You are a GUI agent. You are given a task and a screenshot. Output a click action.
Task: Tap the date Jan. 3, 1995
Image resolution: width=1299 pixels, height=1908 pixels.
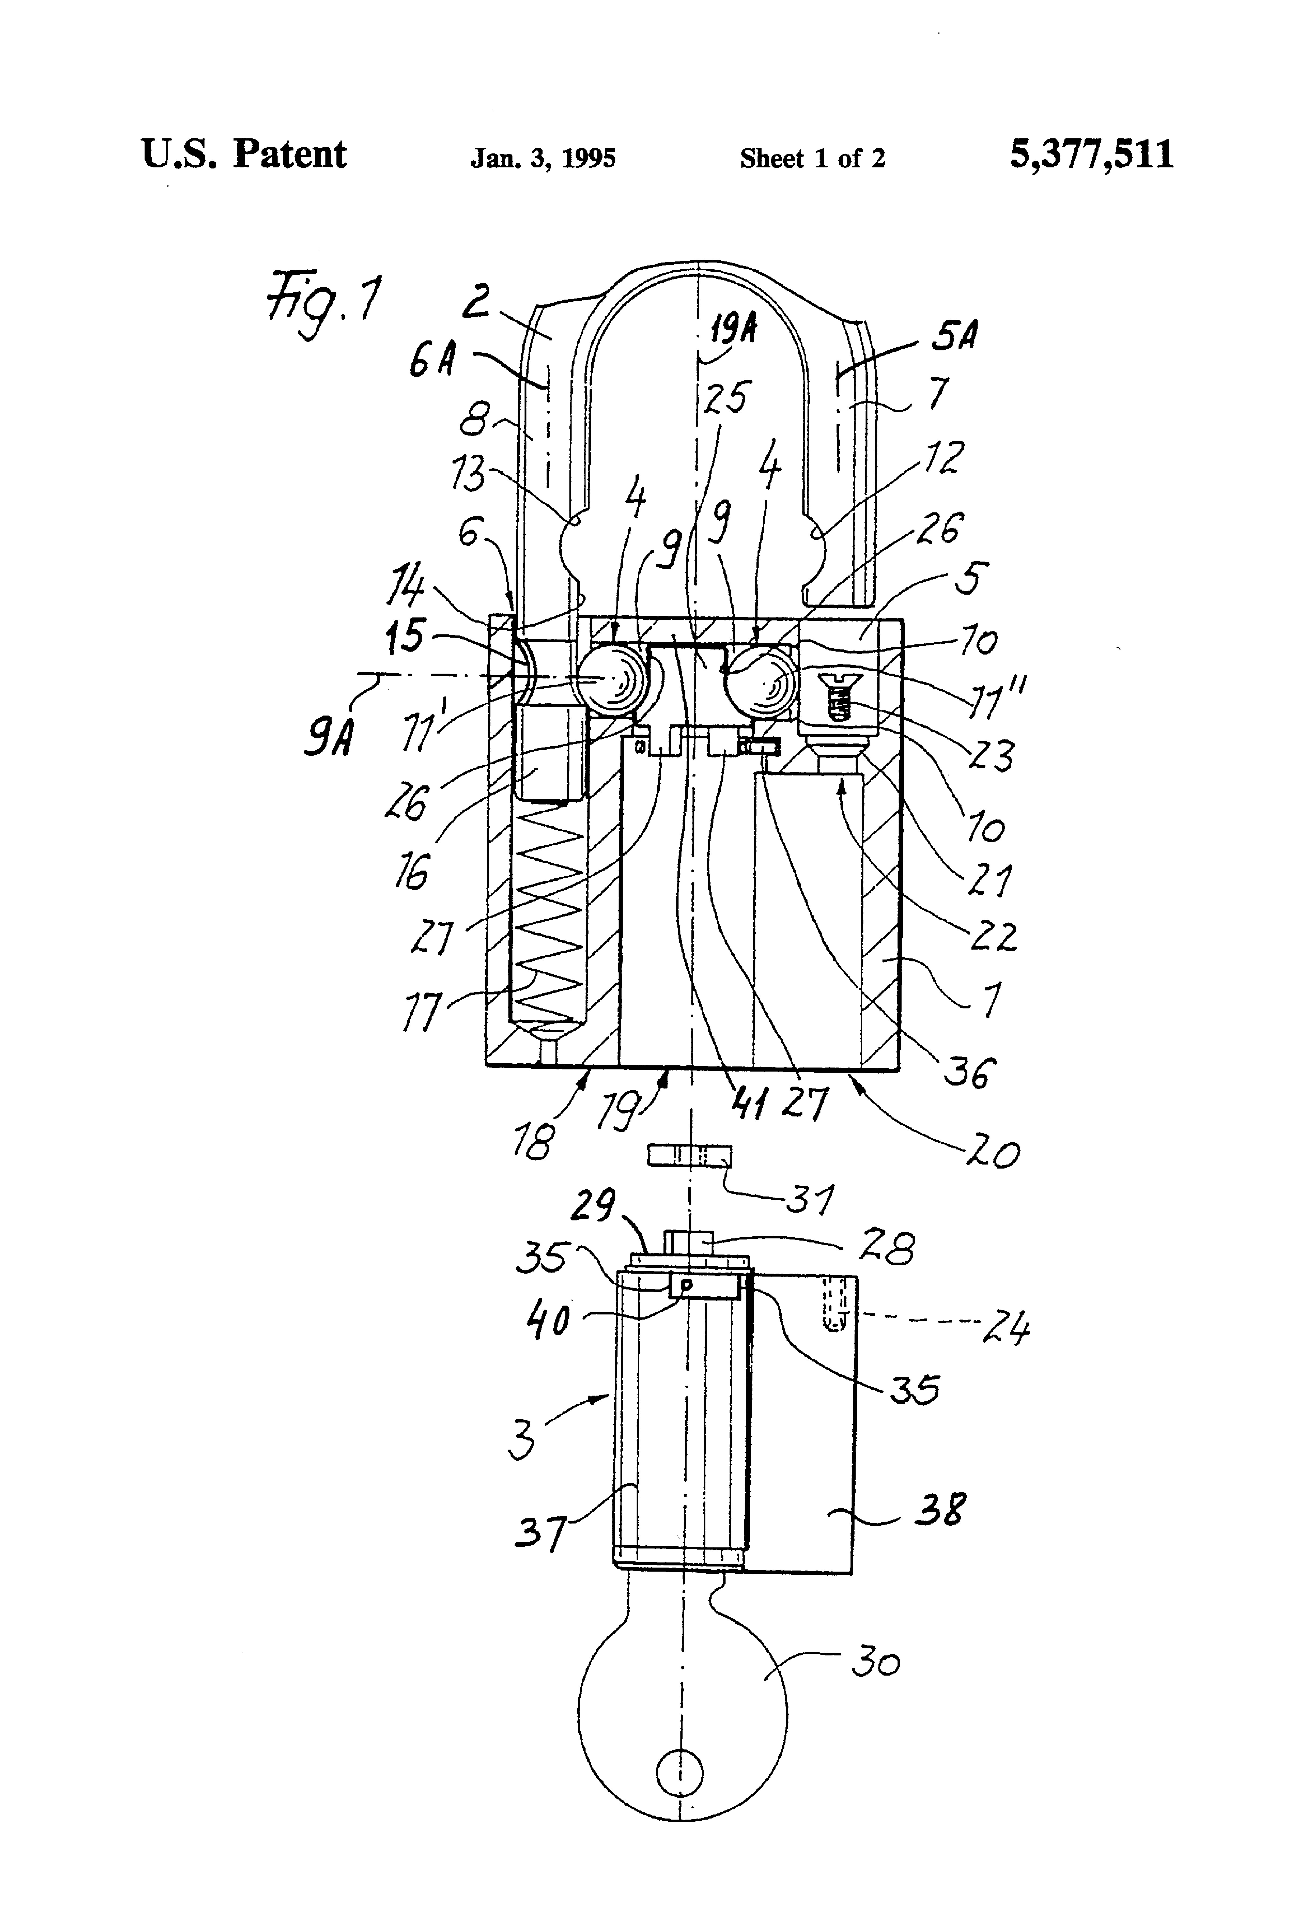coord(543,158)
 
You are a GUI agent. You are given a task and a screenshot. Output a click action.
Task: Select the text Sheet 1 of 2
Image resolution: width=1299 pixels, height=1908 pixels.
coord(812,158)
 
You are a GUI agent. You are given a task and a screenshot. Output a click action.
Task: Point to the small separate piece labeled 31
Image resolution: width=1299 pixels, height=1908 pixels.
coord(688,1155)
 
